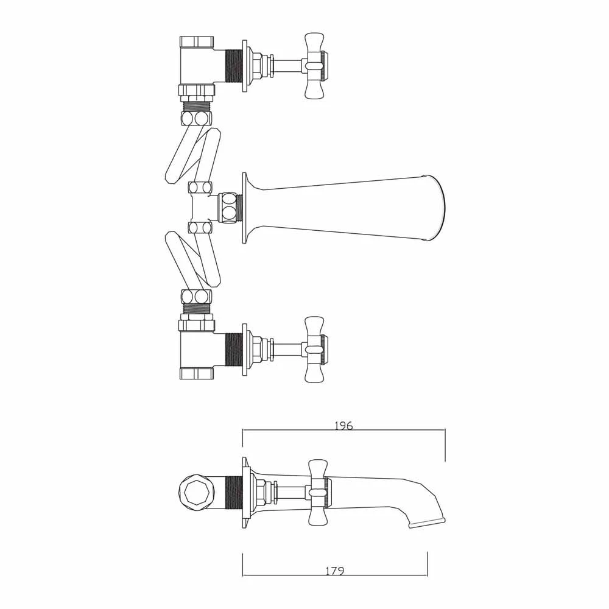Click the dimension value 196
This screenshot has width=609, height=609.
click(x=343, y=426)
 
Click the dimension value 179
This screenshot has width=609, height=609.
click(x=334, y=571)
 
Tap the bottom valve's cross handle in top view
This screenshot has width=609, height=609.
click(x=315, y=349)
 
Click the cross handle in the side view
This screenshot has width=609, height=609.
click(x=319, y=492)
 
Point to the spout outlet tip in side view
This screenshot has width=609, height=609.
click(x=428, y=523)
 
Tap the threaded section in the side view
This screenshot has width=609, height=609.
click(x=233, y=492)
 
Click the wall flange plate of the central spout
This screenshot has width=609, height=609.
click(x=245, y=208)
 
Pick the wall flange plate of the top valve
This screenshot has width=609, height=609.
click(x=245, y=66)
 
